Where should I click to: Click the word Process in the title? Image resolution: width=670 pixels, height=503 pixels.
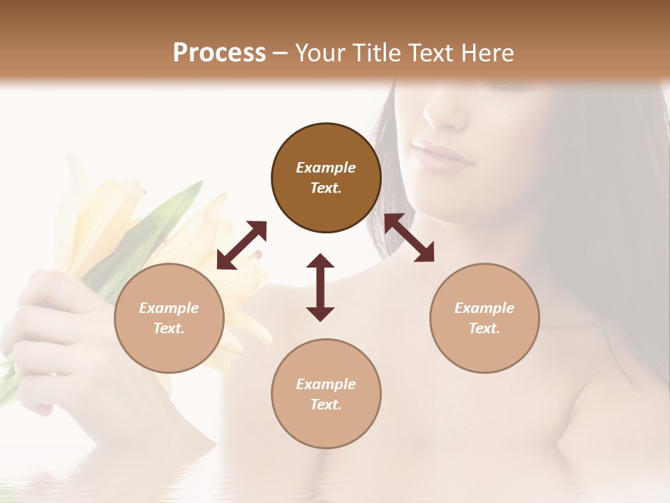219,52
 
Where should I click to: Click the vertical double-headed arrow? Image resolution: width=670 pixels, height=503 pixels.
320,287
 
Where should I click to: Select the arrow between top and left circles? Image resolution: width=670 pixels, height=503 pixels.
241,245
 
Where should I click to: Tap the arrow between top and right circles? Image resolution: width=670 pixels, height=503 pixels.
409,238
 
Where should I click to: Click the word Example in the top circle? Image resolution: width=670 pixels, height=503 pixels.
326,168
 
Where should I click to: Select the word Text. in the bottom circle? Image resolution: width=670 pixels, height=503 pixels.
326,404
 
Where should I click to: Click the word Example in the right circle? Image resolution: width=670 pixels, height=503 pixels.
484,308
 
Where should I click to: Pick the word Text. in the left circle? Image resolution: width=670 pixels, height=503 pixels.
169,328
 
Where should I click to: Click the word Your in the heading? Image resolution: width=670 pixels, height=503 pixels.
320,52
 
